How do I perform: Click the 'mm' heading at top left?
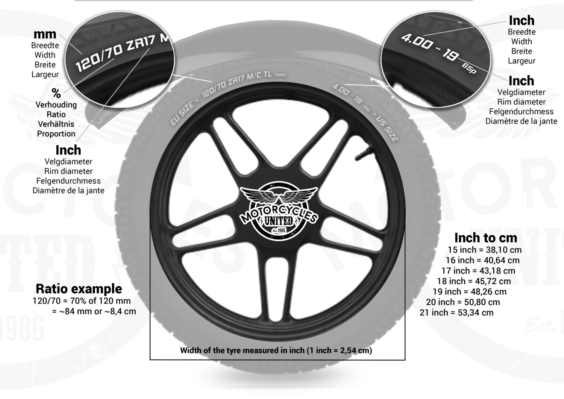tap(45, 34)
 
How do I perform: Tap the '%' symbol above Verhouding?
tap(56, 93)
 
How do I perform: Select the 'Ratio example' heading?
tap(79, 288)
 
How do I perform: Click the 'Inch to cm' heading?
tap(485, 238)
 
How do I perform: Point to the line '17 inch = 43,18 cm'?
tap(478, 270)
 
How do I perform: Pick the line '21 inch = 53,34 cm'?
tap(456, 313)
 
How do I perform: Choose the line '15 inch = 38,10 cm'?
tap(484, 250)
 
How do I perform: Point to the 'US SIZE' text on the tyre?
tap(387, 130)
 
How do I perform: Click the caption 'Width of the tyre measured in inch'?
tap(276, 350)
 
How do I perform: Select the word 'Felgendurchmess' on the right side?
tap(521, 112)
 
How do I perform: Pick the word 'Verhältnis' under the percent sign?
tap(56, 124)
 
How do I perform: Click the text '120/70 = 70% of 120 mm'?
tap(82, 301)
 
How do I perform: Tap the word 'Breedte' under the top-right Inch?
tap(522, 32)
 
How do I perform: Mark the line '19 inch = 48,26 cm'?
tap(469, 291)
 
